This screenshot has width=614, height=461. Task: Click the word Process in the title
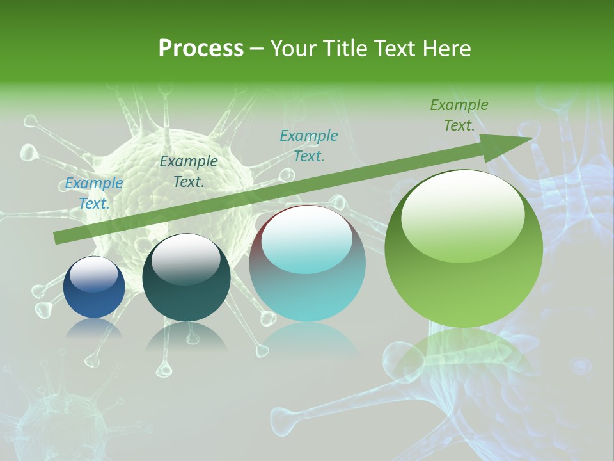click(x=201, y=49)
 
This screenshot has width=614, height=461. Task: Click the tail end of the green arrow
click(x=58, y=238)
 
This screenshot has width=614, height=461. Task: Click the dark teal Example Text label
click(x=189, y=172)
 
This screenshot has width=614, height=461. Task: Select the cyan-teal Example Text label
click(x=309, y=145)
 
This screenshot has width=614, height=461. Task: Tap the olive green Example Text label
click(x=459, y=115)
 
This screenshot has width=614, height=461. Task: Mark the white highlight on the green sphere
click(x=462, y=215)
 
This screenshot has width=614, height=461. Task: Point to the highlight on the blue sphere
click(x=93, y=274)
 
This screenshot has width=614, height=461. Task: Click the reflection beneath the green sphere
click(x=464, y=352)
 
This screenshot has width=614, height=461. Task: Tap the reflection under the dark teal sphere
click(x=186, y=336)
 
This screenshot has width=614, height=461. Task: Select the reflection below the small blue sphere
click(x=94, y=328)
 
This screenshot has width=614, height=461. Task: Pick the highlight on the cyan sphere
click(x=307, y=238)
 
